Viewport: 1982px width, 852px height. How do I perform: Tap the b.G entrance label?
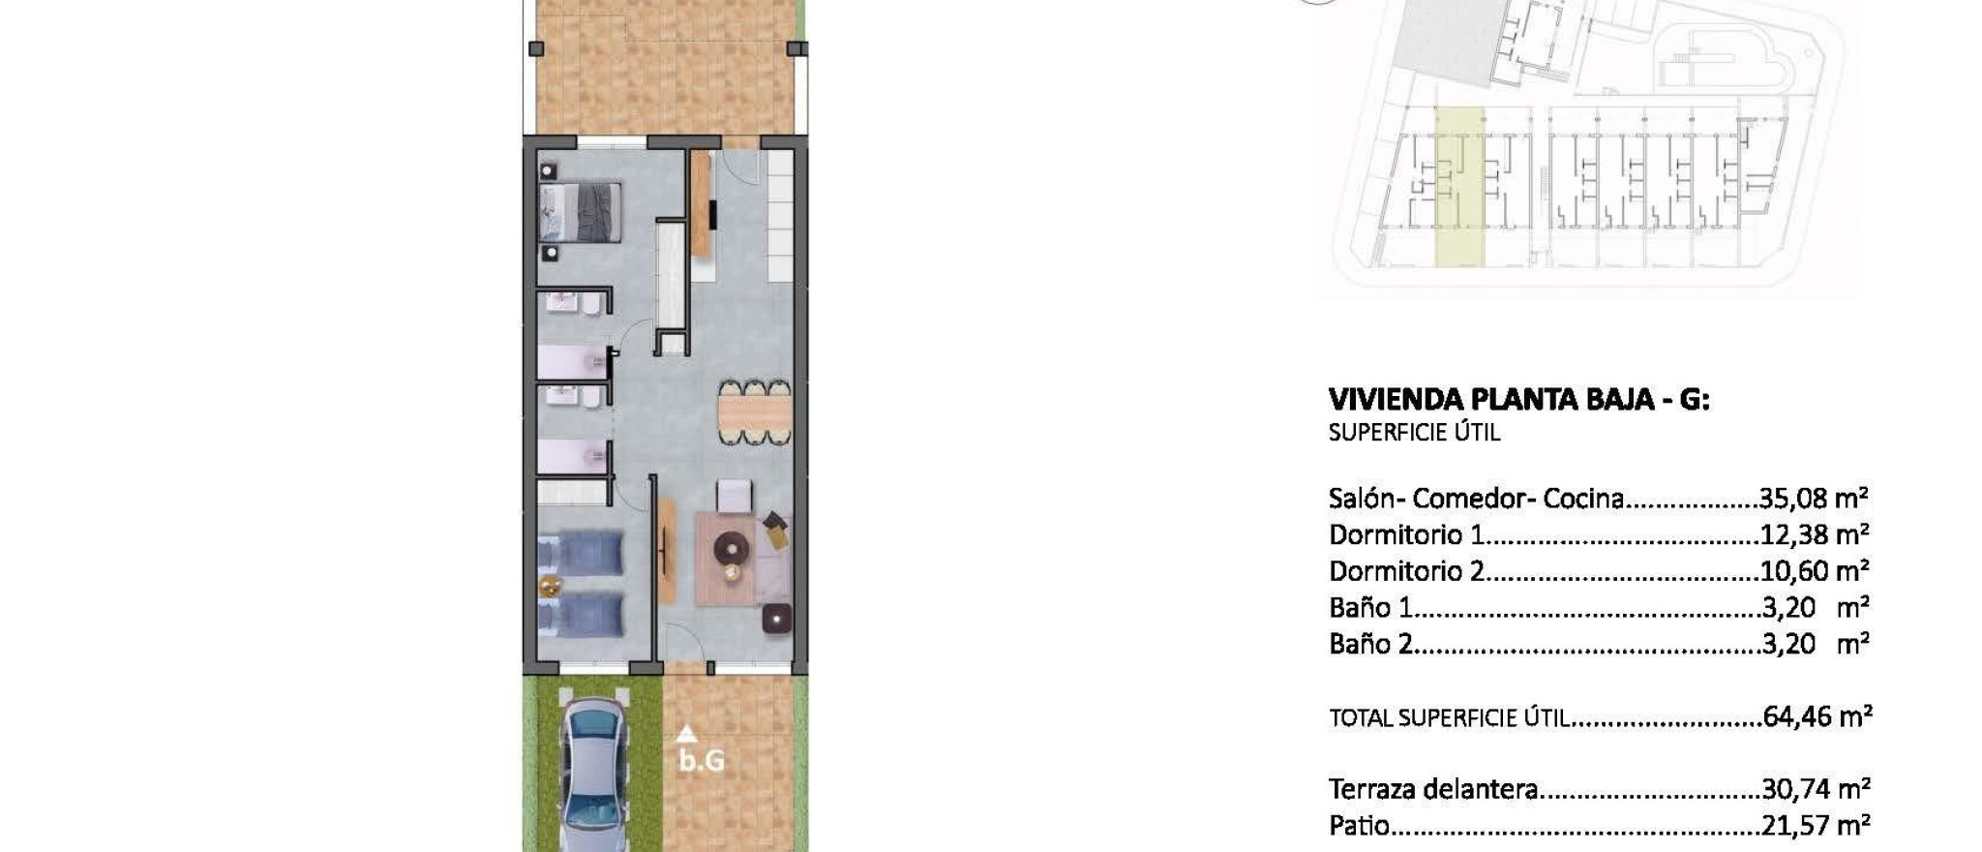tap(701, 761)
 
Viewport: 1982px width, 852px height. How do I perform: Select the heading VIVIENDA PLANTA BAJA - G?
tap(1518, 399)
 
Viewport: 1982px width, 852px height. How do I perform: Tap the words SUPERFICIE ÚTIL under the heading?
tap(1414, 433)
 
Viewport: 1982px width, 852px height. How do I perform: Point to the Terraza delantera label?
tap(1433, 789)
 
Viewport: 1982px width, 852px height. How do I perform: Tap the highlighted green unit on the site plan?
tap(1458, 189)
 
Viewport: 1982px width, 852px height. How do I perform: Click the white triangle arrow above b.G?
tap(686, 734)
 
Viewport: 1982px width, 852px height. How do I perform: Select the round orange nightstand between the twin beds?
tap(550, 585)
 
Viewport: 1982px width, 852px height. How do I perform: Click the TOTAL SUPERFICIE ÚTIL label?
tap(1448, 718)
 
